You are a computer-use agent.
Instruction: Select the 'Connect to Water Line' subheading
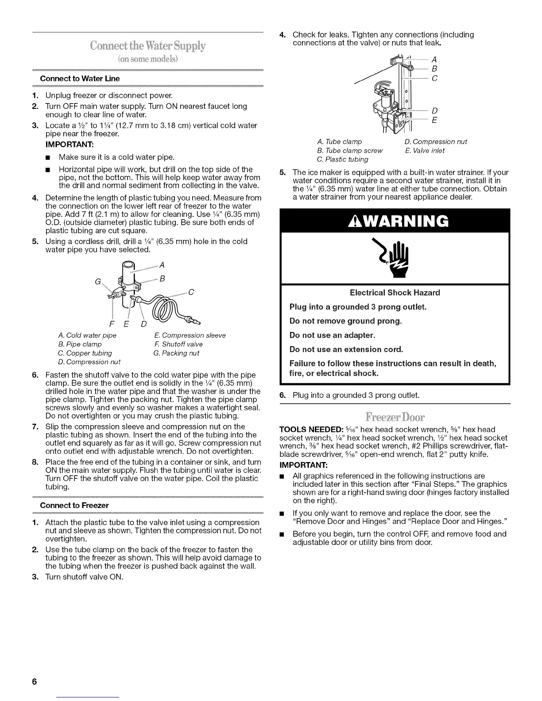[80, 78]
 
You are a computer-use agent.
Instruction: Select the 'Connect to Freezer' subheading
[74, 505]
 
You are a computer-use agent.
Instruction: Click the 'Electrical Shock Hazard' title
[395, 293]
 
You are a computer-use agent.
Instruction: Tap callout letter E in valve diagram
[434, 120]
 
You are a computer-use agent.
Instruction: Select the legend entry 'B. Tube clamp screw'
[350, 150]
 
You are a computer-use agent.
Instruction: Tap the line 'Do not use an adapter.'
[332, 335]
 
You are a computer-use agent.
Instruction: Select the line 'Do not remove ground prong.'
[345, 321]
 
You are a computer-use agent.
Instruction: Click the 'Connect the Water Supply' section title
[148, 46]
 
